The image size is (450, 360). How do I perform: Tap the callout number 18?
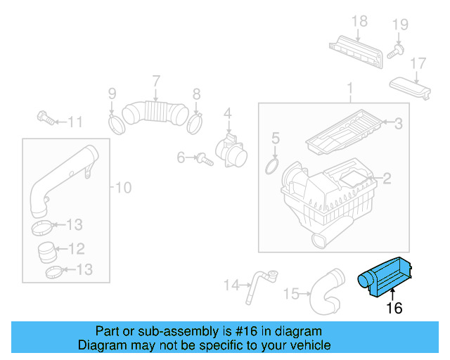pos(359,21)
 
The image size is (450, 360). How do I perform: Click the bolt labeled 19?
pos(399,49)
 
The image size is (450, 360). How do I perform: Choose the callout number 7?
pos(155,81)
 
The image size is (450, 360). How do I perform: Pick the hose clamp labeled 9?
pos(116,124)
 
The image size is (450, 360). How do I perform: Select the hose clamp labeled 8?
pos(196,124)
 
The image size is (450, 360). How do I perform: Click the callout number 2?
pos(386,179)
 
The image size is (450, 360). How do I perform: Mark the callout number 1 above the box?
pos(349,89)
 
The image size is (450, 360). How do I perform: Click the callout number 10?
pos(123,188)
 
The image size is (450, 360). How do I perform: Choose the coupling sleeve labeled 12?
pos(48,249)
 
